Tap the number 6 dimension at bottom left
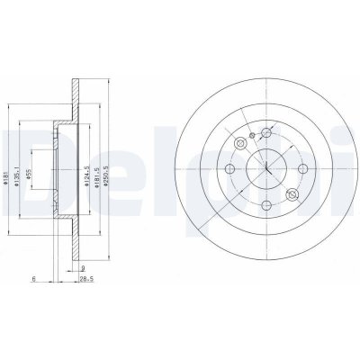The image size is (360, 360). [33, 280]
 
